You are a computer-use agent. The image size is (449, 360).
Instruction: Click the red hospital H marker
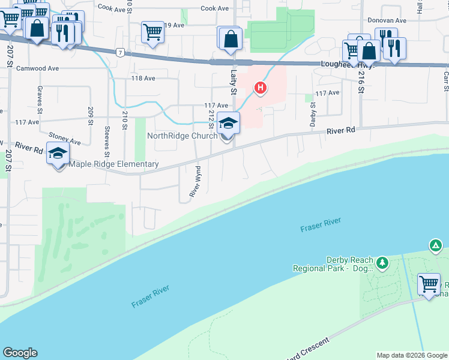click(x=260, y=89)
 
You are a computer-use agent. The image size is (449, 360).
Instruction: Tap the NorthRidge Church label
click(x=182, y=136)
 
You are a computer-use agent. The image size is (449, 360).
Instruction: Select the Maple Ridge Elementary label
click(x=114, y=164)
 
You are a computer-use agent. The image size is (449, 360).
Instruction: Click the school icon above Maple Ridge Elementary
click(x=58, y=153)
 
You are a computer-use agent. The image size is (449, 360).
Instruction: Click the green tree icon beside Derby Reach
click(x=381, y=262)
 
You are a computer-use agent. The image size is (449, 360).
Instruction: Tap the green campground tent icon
click(x=436, y=245)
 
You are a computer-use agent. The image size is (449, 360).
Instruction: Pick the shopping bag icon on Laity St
click(x=231, y=40)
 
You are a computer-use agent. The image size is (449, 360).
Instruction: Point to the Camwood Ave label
click(x=38, y=68)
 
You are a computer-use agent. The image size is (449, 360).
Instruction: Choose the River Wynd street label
click(x=194, y=182)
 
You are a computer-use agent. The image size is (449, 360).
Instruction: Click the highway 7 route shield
click(x=121, y=52)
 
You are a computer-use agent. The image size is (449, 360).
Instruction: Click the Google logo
click(x=20, y=353)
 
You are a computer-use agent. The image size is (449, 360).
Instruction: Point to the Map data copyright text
click(x=412, y=355)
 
